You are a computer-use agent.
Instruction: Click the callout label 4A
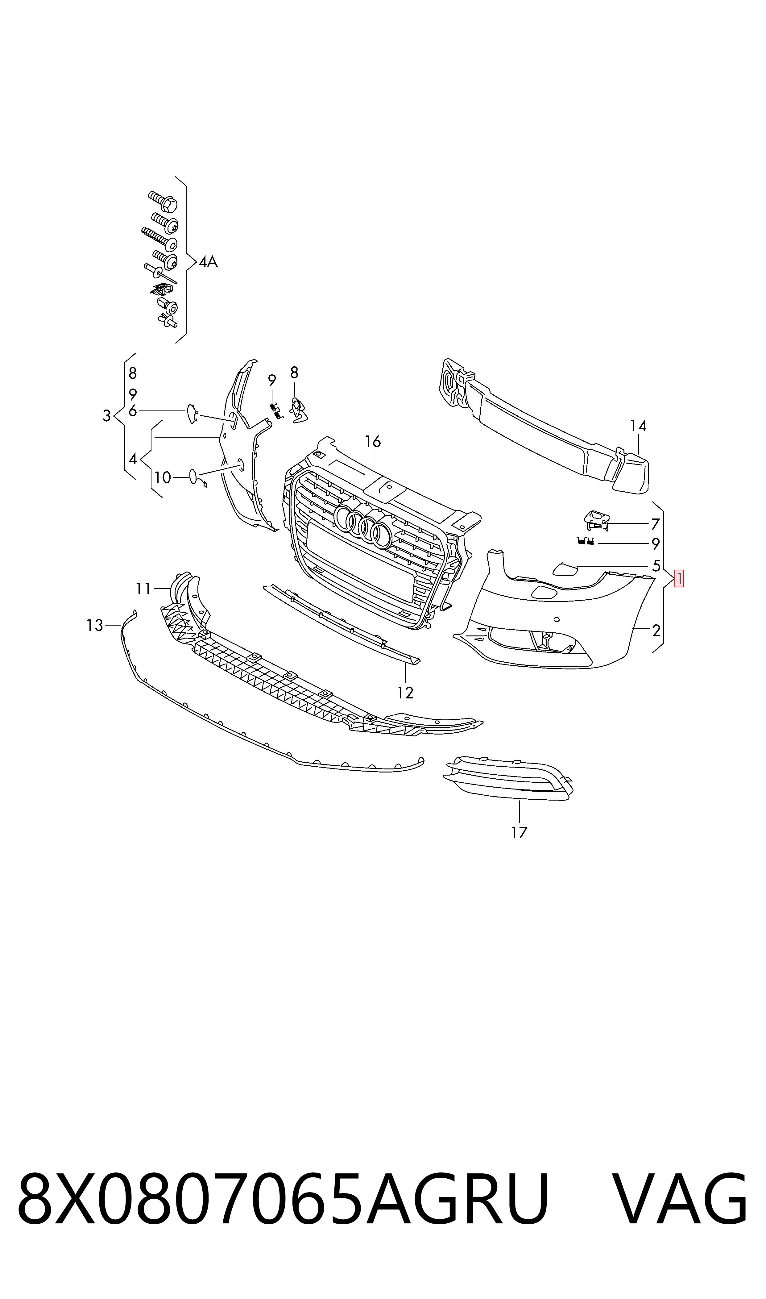tap(208, 262)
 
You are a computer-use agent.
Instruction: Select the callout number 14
tap(638, 426)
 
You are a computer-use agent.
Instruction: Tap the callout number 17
tap(519, 832)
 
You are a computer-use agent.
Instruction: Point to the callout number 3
tap(106, 416)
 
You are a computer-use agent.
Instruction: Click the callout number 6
tap(133, 411)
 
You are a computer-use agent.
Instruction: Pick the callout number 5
tap(656, 565)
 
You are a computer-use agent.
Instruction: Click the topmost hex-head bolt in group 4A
tap(163, 201)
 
